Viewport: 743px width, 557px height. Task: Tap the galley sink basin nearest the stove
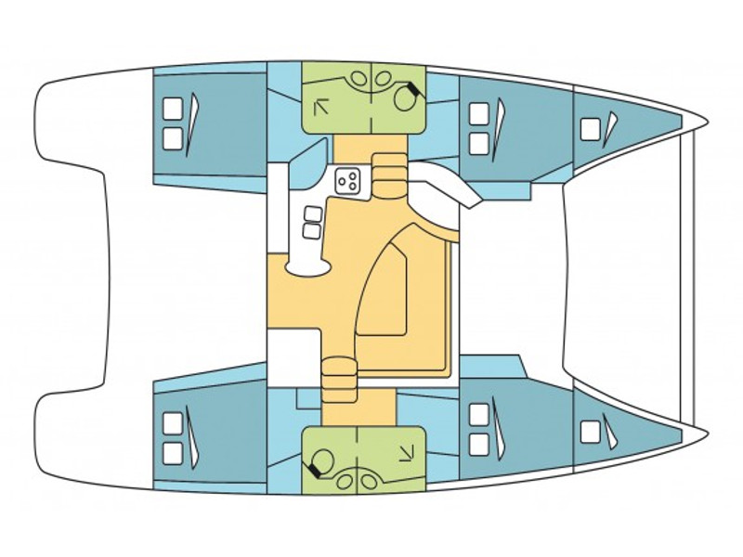click(x=312, y=214)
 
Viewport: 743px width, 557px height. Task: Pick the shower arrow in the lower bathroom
click(x=406, y=452)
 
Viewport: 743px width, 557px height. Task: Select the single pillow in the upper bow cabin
click(x=589, y=128)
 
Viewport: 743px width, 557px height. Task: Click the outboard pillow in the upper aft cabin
click(x=172, y=110)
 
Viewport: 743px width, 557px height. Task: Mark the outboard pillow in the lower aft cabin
click(x=172, y=452)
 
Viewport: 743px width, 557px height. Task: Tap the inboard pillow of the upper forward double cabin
click(x=478, y=143)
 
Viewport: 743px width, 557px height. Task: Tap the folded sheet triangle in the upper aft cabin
click(x=192, y=125)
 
